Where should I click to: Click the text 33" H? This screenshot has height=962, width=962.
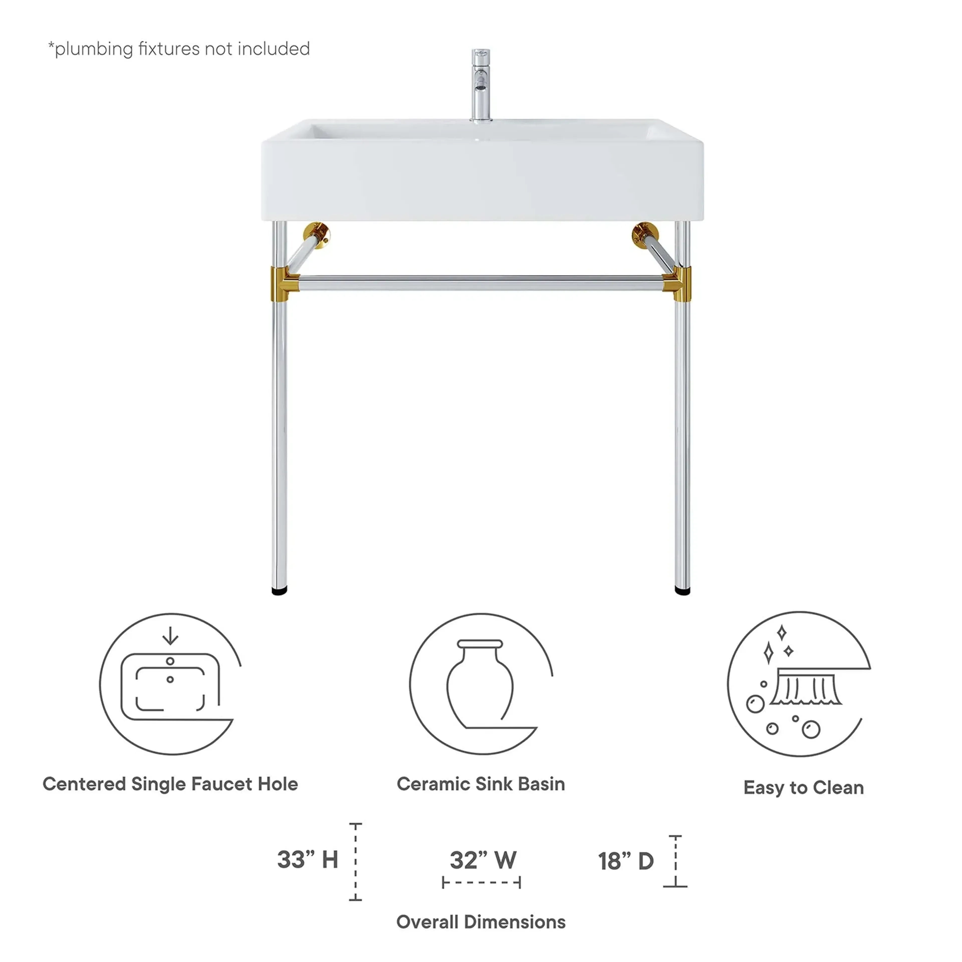(307, 860)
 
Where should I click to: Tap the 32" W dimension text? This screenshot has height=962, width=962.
(483, 860)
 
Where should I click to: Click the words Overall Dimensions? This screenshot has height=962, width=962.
(480, 922)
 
